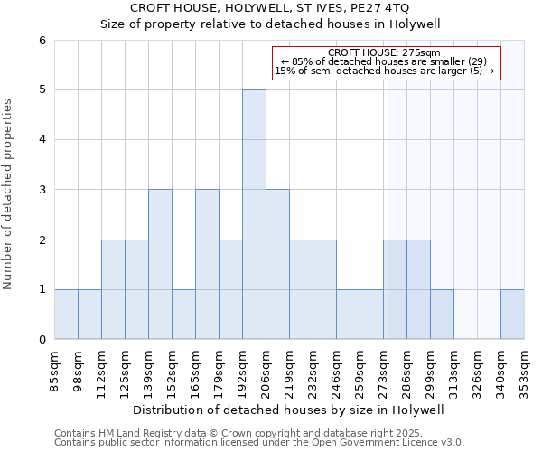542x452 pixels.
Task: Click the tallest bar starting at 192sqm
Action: [254, 214]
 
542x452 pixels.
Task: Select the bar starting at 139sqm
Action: [160, 264]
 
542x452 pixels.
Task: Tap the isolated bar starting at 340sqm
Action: [512, 314]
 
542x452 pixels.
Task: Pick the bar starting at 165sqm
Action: [207, 264]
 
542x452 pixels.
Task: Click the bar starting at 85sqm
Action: [66, 314]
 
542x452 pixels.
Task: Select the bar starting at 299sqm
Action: [442, 314]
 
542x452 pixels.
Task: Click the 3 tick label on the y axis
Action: [42, 190]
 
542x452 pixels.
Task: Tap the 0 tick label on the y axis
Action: [42, 340]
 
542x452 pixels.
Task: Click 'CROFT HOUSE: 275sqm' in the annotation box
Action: [384, 52]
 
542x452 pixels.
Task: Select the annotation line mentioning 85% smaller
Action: [384, 61]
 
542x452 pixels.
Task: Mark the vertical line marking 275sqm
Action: [388, 208]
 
